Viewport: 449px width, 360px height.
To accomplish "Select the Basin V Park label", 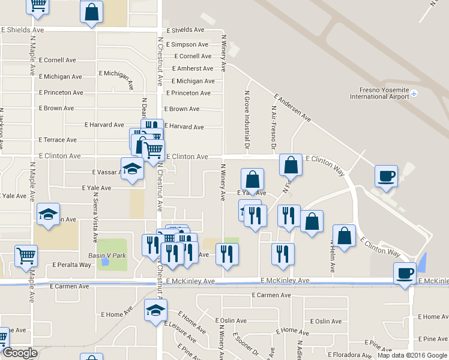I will [x=112, y=254].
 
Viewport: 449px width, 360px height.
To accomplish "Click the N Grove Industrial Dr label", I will [x=247, y=119].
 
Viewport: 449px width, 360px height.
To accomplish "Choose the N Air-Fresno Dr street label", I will [x=273, y=128].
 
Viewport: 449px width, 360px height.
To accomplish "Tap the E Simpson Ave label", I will [x=187, y=44].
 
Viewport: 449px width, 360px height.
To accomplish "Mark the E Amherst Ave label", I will [x=191, y=69].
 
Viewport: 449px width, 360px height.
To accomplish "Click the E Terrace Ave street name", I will [x=58, y=140].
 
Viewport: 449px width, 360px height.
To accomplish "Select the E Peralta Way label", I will [x=72, y=264].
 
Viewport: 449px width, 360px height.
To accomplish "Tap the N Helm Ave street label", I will [x=331, y=256].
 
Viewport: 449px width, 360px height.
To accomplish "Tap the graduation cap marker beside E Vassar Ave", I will [x=132, y=168].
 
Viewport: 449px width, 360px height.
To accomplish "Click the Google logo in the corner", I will [x=20, y=353].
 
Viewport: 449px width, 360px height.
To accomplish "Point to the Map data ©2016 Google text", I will [x=412, y=355].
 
